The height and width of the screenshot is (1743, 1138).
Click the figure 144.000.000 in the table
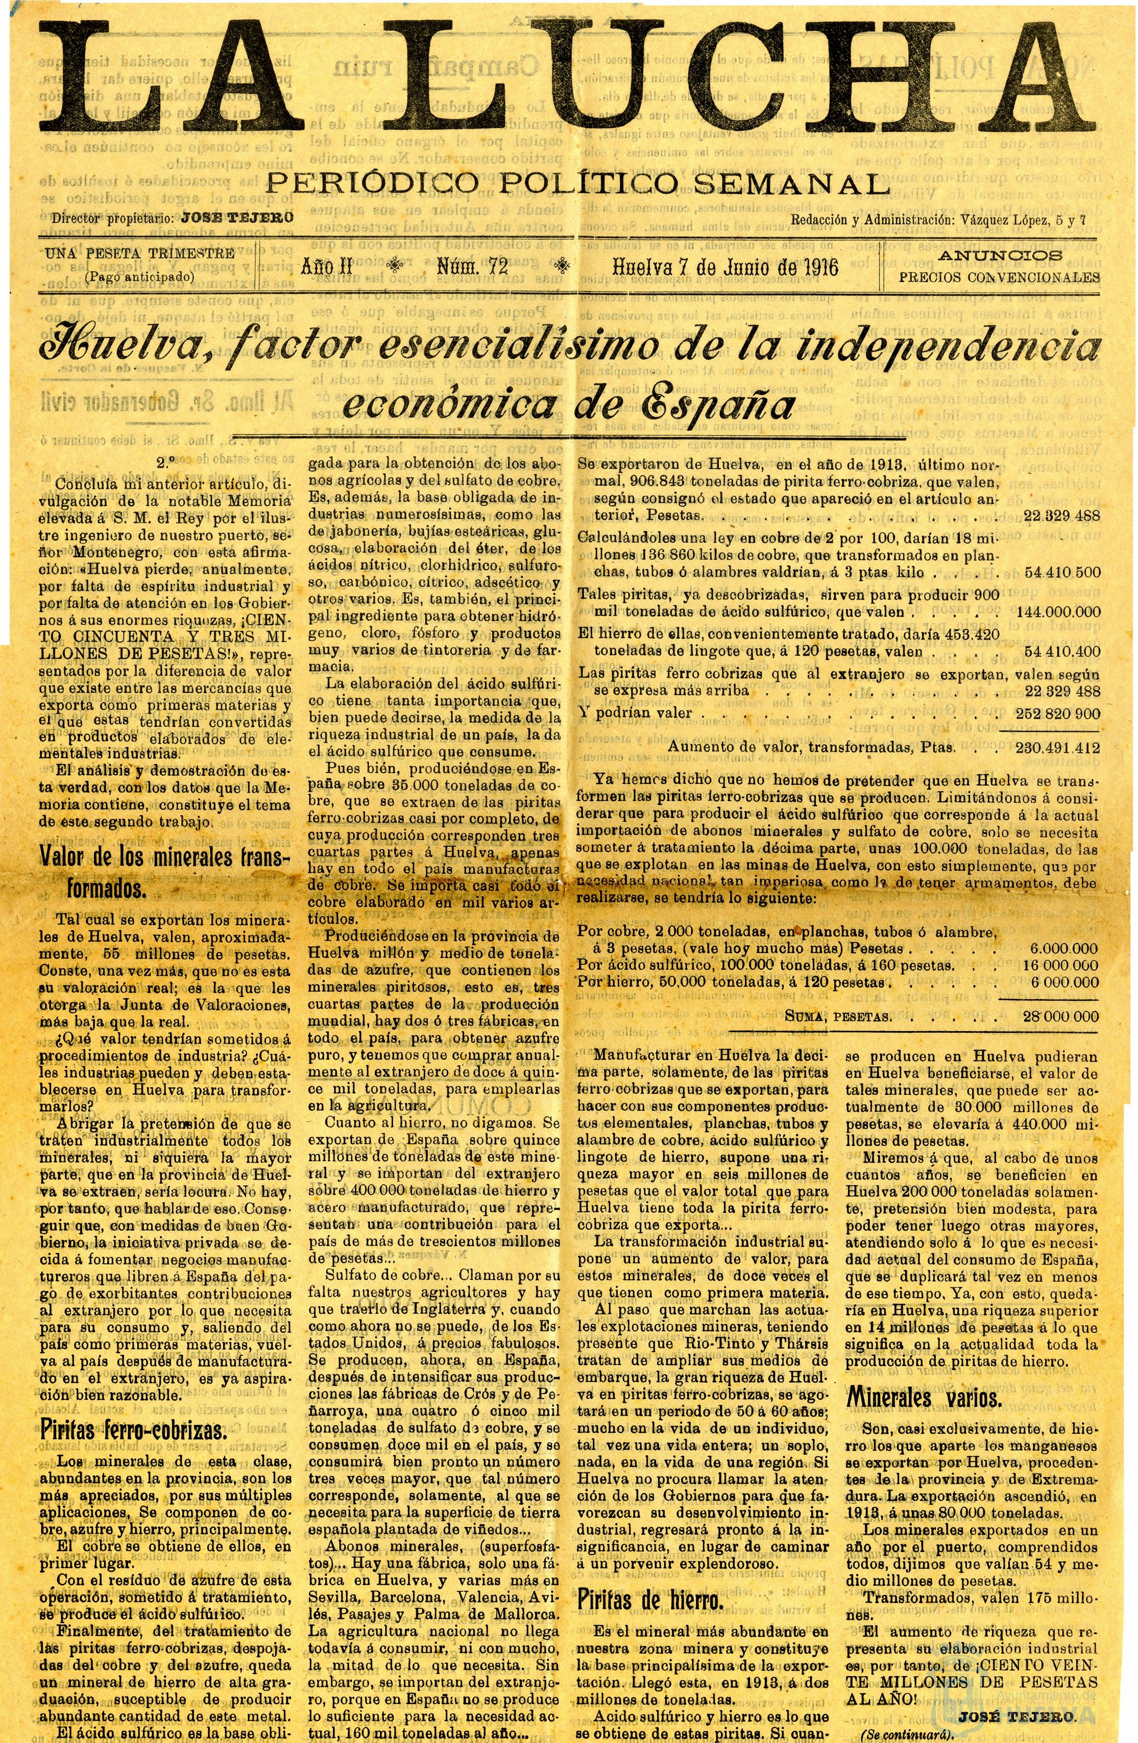[x=1052, y=611]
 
